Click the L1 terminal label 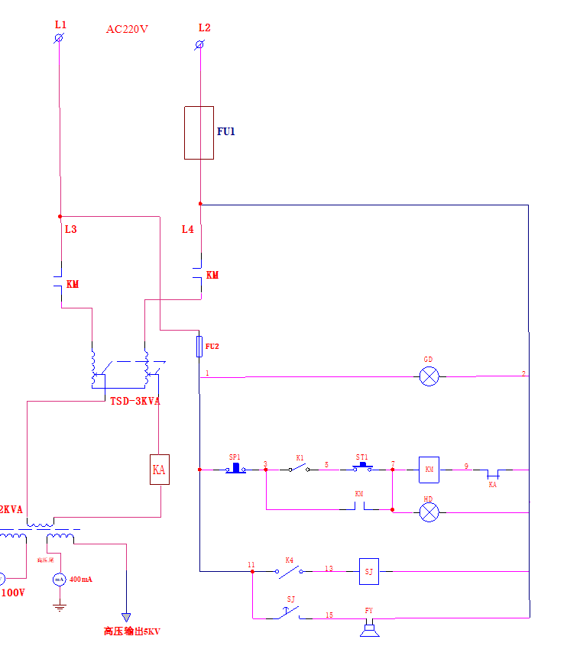60,24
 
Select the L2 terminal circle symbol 200,45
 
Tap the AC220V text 127,30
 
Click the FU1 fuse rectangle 199,133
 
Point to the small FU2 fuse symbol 199,346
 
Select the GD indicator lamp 429,376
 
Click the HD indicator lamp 429,512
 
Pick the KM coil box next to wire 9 429,470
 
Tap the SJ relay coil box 369,570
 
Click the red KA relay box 159,470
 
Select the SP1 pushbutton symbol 236,467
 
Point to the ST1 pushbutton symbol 362,467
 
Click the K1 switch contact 299,469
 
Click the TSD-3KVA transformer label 135,401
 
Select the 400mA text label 81,580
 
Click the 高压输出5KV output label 131,631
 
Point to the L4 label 187,229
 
